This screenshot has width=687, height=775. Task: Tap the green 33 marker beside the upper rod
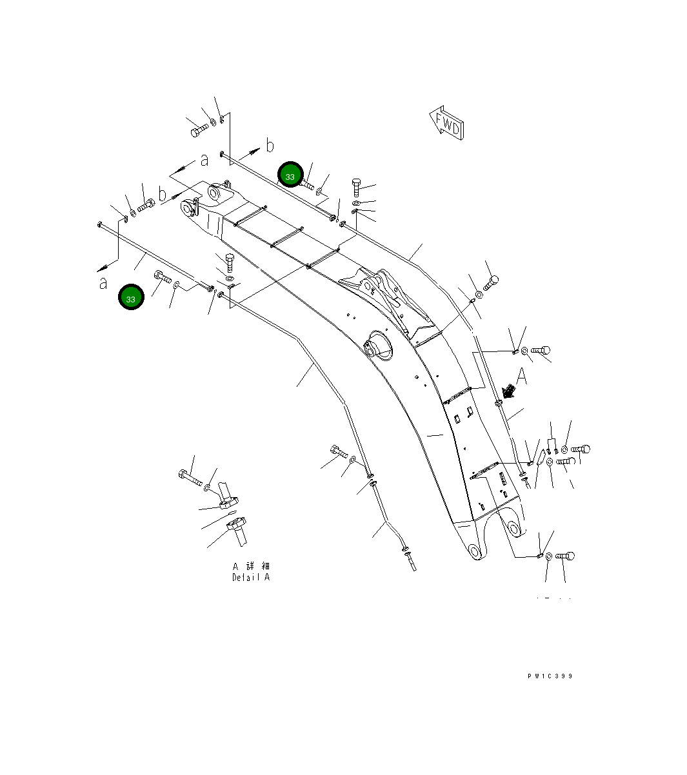[x=290, y=175]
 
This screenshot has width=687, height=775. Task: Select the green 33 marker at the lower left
[x=131, y=298]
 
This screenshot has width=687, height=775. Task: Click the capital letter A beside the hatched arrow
[x=523, y=376]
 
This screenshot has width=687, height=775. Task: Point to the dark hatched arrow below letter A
[x=508, y=391]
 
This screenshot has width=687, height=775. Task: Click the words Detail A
[x=251, y=578]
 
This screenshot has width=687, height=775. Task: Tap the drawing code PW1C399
[x=550, y=676]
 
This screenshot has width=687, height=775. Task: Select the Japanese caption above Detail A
[x=252, y=565]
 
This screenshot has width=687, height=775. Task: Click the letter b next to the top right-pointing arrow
[x=270, y=145]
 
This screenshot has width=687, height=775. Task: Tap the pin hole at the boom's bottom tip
[x=475, y=551]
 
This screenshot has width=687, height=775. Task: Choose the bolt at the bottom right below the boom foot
[x=564, y=556]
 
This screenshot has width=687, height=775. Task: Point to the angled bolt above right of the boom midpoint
[x=491, y=282]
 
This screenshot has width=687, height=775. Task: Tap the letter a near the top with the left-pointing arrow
[x=204, y=159]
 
